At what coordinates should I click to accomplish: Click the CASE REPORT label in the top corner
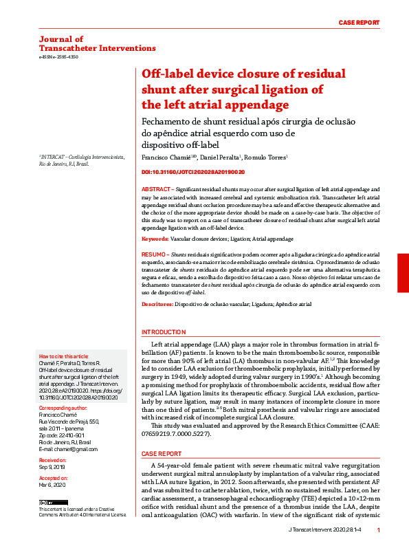coord(359,23)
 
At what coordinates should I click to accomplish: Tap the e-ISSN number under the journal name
coord(58,57)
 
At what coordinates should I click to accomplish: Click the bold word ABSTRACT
coord(157,188)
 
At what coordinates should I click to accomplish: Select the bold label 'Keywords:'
coord(155,239)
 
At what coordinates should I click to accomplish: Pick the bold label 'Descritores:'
coord(157,303)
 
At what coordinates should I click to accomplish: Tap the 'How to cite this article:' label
coord(64,356)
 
